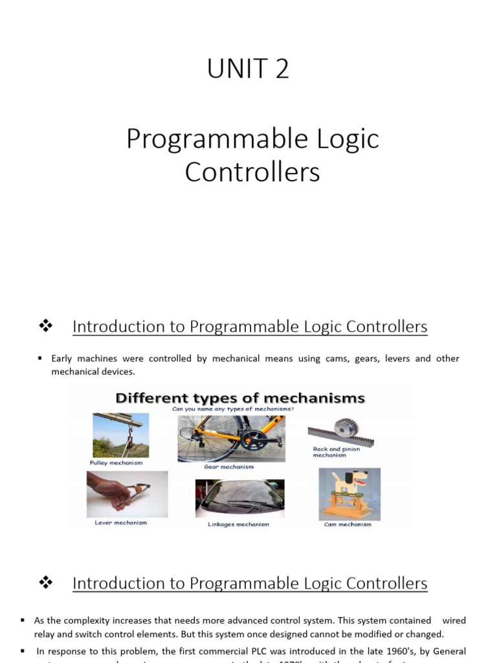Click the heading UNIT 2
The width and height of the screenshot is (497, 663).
[x=248, y=69]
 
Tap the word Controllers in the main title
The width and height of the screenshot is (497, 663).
[x=252, y=172]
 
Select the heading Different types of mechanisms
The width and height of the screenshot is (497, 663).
[x=239, y=398]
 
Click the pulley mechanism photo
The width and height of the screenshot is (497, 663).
[x=120, y=435]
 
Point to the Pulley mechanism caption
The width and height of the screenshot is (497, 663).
[x=116, y=463]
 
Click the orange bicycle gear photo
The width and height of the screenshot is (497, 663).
[x=231, y=438]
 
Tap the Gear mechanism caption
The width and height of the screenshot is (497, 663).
[x=228, y=467]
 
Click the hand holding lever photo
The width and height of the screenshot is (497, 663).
[x=127, y=494]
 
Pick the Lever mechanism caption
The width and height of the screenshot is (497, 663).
[x=121, y=523]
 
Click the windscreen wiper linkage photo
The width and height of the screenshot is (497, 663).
[x=239, y=499]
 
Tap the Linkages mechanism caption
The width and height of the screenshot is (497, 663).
[x=238, y=524]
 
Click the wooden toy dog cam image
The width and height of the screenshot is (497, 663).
[x=349, y=494]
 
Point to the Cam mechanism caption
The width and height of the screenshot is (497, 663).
[x=348, y=524]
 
